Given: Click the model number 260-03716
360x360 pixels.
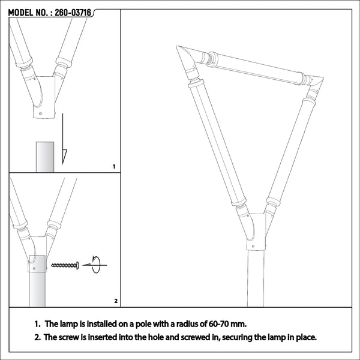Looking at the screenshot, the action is (73, 13).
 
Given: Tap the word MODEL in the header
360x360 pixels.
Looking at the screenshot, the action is (20, 13).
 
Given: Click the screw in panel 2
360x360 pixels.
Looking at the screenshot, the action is (65, 265).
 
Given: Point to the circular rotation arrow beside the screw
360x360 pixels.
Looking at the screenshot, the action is (96, 265).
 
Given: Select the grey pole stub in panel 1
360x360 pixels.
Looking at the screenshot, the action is (45, 157).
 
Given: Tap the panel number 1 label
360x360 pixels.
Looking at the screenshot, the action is (114, 167).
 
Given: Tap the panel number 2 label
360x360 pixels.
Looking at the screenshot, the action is (116, 301).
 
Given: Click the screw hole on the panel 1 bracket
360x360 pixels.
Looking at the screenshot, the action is (41, 113).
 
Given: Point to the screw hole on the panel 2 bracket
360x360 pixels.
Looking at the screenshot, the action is (34, 268).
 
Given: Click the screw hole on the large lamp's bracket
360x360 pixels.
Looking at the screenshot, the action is (253, 247).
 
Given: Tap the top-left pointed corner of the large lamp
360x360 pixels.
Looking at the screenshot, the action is (176, 46).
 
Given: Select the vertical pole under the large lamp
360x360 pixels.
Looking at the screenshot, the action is (256, 278).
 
